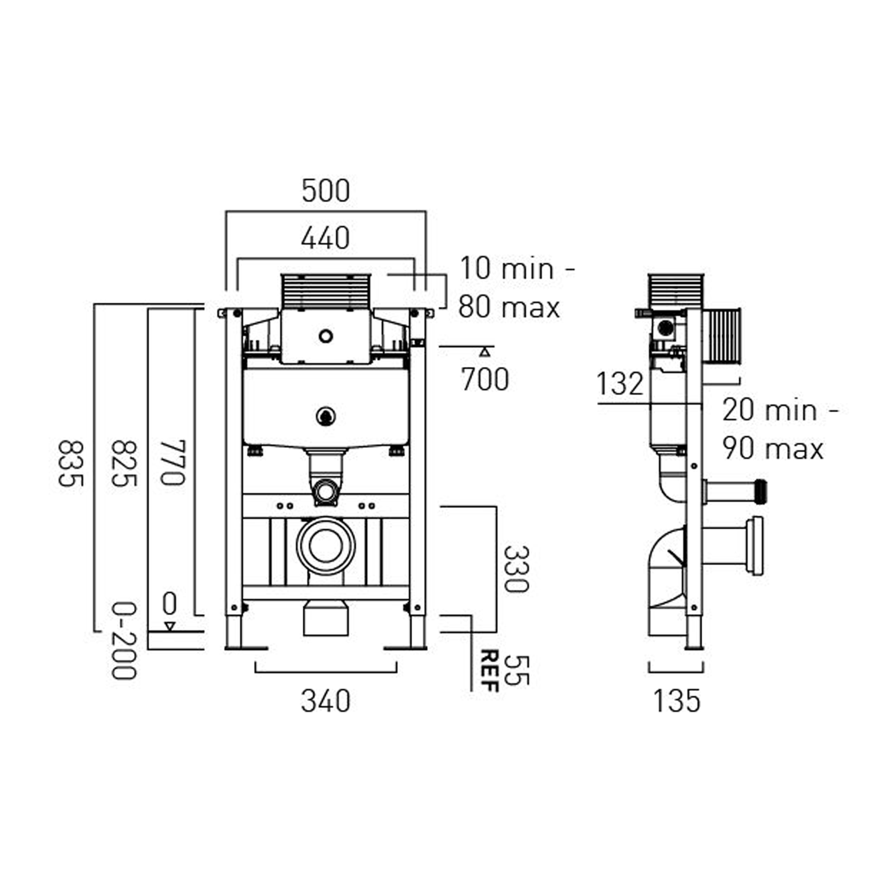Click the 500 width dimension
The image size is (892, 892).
coord(325,191)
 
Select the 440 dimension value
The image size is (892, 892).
coord(325,239)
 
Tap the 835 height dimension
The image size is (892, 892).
coord(70,463)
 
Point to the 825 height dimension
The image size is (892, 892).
coord(124,463)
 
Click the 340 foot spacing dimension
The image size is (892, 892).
coord(325,702)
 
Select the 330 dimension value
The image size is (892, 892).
coord(516,569)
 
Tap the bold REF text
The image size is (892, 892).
coord(489,671)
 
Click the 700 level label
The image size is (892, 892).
coord(485,380)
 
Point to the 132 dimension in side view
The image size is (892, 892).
coord(620,384)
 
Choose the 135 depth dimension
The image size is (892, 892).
coord(677,702)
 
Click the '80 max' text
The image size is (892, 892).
coord(509,308)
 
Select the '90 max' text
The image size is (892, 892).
coord(773,448)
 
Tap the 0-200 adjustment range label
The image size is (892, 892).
coord(124,641)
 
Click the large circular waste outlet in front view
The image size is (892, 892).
coord(325,546)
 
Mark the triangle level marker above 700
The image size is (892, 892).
coord(485,351)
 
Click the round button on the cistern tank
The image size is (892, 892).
coord(325,416)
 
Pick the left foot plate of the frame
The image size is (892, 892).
coord(247,648)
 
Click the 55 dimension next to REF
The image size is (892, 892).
coord(516,671)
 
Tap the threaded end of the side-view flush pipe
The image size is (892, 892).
coord(760,490)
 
